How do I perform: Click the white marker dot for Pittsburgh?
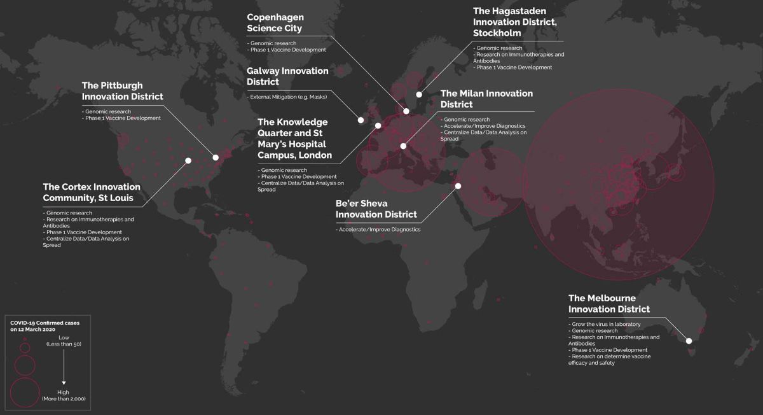pyautogui.click(x=216, y=157)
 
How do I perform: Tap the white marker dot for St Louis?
pyautogui.click(x=188, y=160)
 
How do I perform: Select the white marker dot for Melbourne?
pyautogui.click(x=689, y=341)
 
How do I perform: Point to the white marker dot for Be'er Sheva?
pyautogui.click(x=458, y=186)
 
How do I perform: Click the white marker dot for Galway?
pyautogui.click(x=361, y=120)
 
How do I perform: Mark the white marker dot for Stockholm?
pyautogui.click(x=419, y=95)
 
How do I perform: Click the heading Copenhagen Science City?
pyautogui.click(x=276, y=23)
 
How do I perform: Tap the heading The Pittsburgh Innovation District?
pyautogui.click(x=123, y=90)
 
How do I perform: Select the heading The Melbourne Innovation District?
pyautogui.click(x=609, y=303)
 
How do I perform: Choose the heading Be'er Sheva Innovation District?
pyautogui.click(x=376, y=209)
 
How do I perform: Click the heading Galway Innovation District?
pyautogui.click(x=287, y=76)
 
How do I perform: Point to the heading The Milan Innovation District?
pyautogui.click(x=486, y=99)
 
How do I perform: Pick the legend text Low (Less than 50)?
pyautogui.click(x=64, y=341)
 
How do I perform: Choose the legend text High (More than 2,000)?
pyautogui.click(x=64, y=395)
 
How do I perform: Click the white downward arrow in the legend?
pyautogui.click(x=64, y=368)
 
